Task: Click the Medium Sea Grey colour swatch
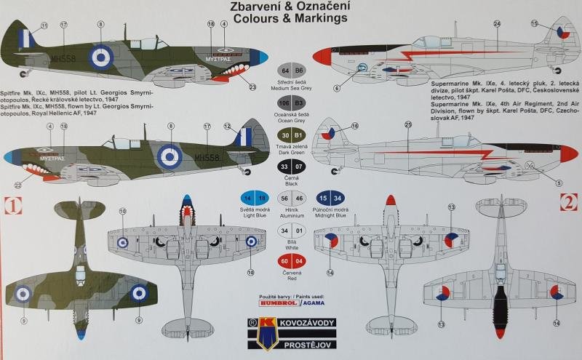[290, 71]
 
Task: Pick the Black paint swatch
[290, 167]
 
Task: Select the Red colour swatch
[290, 262]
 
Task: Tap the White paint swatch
[290, 231]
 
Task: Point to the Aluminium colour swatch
[290, 199]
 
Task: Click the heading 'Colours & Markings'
[290, 19]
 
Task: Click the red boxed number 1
[12, 204]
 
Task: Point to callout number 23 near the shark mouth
[252, 87]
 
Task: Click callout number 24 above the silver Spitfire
[497, 23]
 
